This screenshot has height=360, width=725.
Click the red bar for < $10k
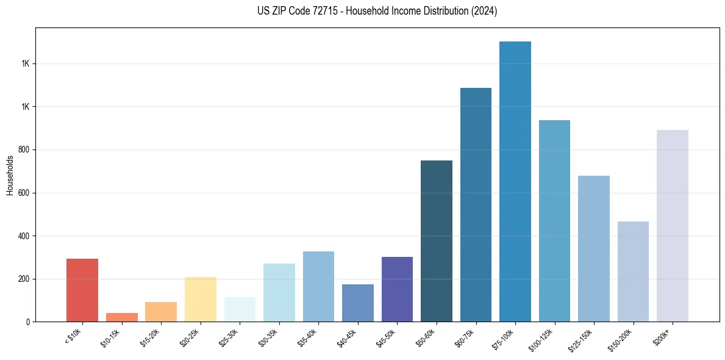82,290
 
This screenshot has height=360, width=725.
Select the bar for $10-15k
122,317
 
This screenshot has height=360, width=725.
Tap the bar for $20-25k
201,300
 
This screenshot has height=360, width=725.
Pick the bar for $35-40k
318,287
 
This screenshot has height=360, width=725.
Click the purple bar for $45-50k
397,289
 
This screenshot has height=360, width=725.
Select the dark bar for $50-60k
437,241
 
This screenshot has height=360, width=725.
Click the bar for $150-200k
633,272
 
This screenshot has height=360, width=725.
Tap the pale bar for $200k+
673,226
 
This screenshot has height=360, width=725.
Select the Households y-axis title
10,175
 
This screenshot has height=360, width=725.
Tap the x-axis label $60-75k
465,337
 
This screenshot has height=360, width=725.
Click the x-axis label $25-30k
229,337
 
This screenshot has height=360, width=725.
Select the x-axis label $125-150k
582,339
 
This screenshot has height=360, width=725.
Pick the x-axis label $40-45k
348,337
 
